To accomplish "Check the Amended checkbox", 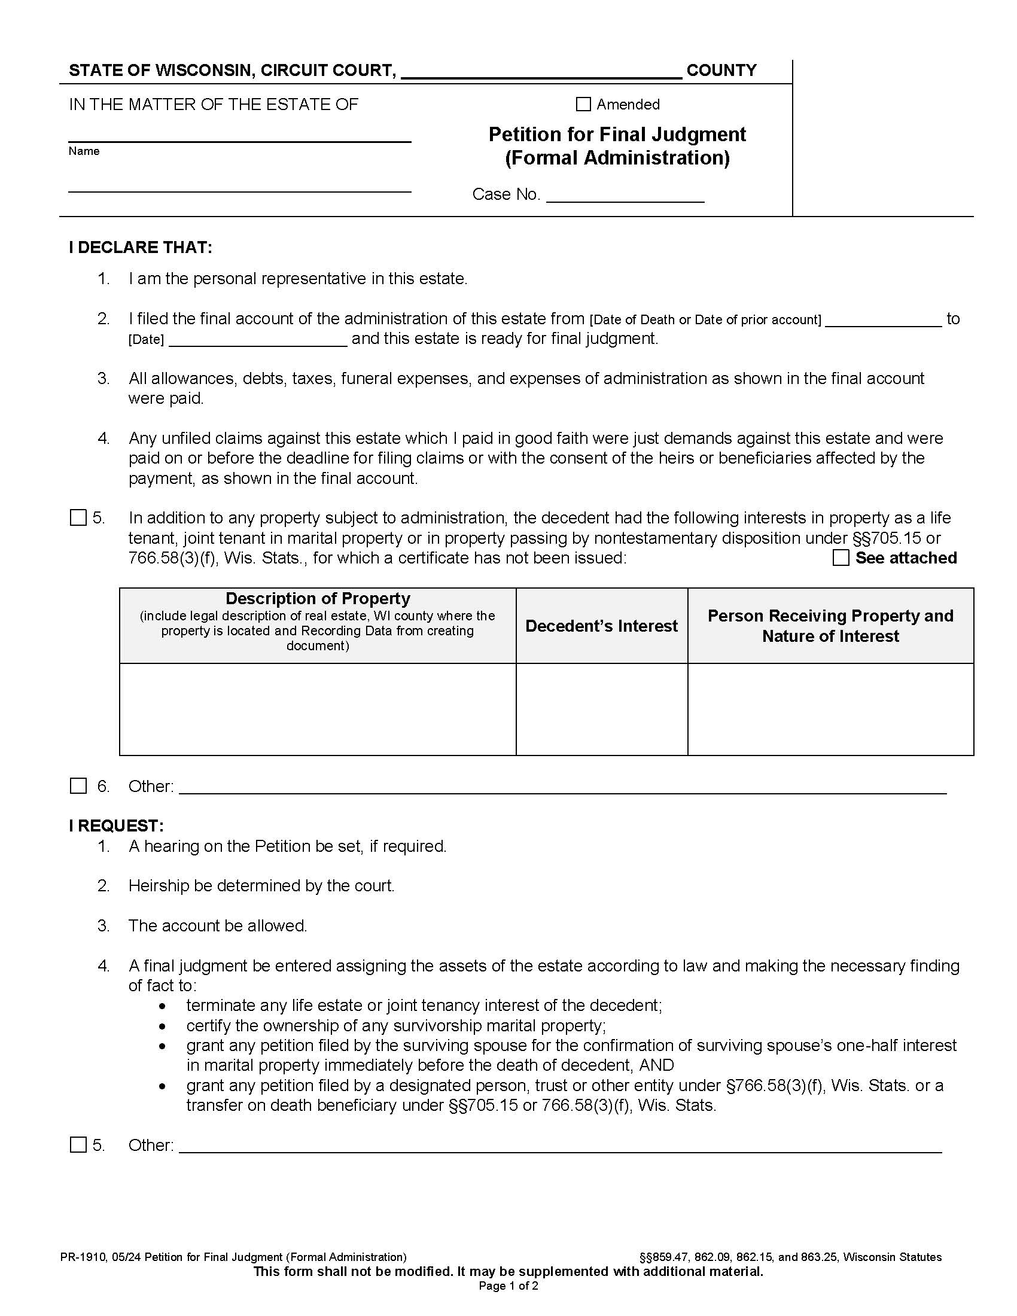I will (x=583, y=104).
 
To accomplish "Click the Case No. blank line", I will (x=625, y=196).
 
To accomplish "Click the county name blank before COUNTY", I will (x=541, y=71).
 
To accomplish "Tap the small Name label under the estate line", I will (x=84, y=151).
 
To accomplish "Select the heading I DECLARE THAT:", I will (x=141, y=248).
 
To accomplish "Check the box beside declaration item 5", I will (x=78, y=517).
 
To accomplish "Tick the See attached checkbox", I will (x=841, y=558).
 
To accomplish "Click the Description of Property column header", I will (x=318, y=598).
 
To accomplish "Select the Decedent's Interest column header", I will (x=601, y=626).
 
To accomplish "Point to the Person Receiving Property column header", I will (x=830, y=626).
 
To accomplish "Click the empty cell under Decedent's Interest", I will (x=601, y=709).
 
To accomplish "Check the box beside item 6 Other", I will (x=78, y=786).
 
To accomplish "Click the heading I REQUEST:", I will (x=116, y=825).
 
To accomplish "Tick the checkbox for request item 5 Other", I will (x=78, y=1145).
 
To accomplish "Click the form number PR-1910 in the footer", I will (x=83, y=1257).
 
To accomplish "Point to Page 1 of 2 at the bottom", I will (x=508, y=1286).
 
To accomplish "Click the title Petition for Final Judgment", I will (x=617, y=135).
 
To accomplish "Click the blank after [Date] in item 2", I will (x=258, y=340).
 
